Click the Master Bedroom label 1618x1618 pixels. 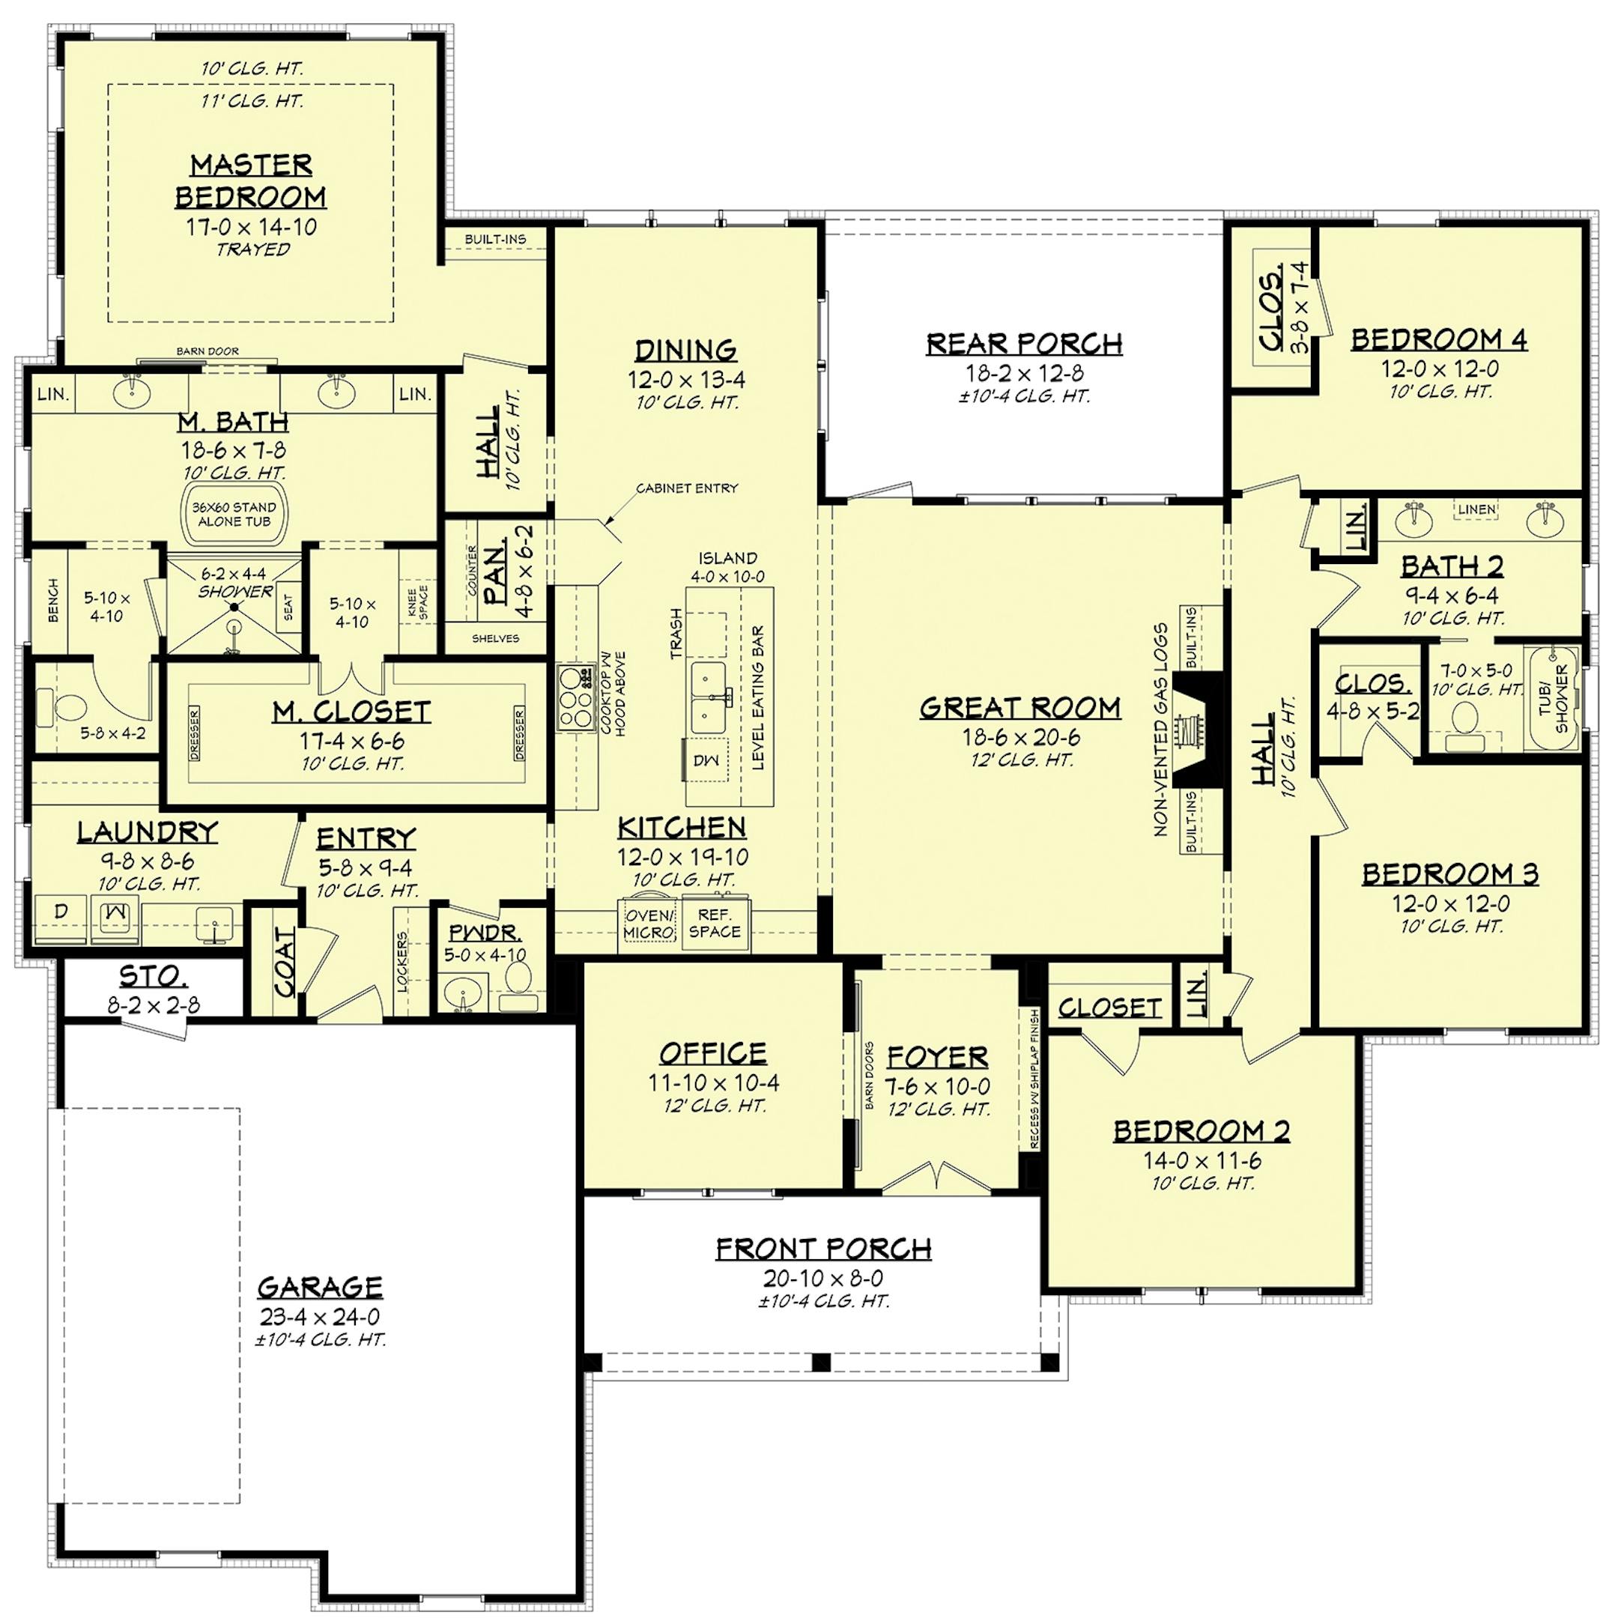click(250, 179)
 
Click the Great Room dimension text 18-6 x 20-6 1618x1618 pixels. click(1020, 738)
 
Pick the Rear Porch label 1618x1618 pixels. click(1024, 342)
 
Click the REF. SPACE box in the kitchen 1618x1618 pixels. click(715, 924)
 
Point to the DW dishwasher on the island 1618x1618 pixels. click(702, 760)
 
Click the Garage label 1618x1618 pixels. click(320, 1286)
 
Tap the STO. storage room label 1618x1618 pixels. click(154, 975)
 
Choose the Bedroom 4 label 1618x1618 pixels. click(1440, 339)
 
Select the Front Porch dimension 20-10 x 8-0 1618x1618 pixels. click(823, 1278)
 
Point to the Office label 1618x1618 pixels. click(712, 1052)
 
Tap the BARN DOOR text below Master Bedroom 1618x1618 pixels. click(207, 351)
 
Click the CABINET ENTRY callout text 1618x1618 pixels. click(687, 488)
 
